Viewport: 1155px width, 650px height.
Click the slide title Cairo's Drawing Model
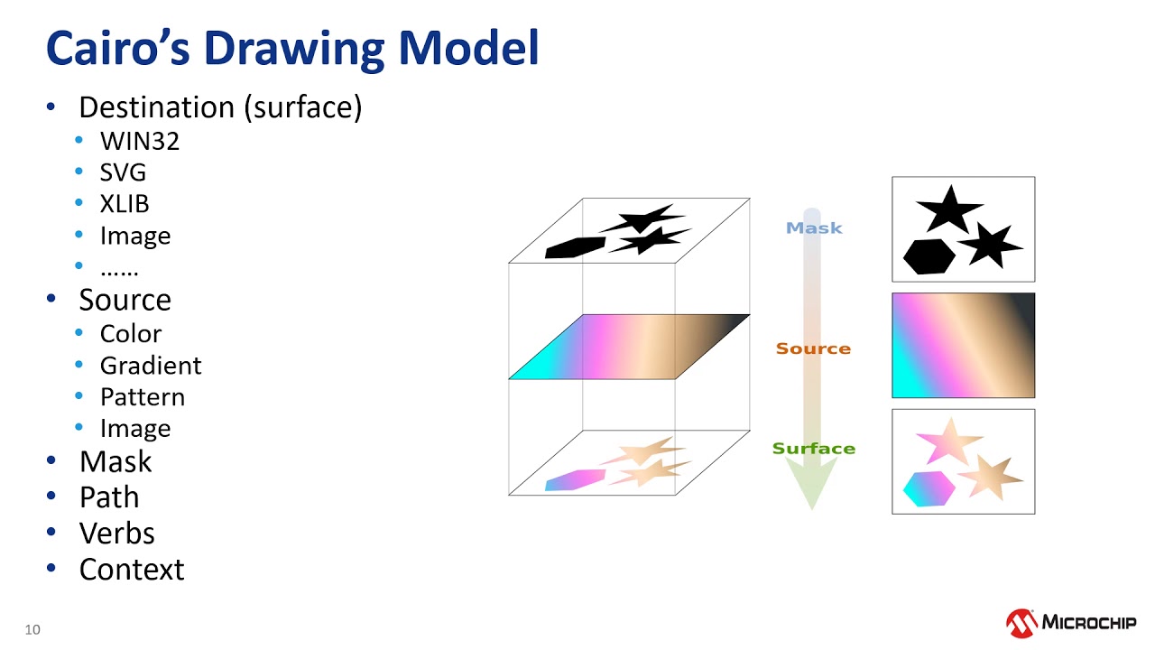(291, 49)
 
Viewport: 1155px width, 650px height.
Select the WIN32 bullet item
(139, 141)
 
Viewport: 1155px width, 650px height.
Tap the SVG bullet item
(123, 172)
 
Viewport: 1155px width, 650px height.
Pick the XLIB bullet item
(125, 204)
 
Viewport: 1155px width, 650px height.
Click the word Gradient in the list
(151, 366)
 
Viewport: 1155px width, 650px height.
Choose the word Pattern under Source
(143, 397)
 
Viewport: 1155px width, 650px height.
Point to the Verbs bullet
(116, 534)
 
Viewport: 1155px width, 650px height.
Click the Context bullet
(132, 570)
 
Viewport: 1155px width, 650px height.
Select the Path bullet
(109, 497)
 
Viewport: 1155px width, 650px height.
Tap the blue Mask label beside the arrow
(814, 228)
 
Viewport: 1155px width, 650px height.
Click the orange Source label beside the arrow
(813, 348)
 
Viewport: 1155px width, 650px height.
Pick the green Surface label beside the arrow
(813, 449)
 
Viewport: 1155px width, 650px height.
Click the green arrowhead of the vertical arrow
(811, 482)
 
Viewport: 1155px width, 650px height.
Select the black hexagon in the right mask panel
(929, 256)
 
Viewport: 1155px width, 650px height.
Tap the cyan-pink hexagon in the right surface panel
(929, 488)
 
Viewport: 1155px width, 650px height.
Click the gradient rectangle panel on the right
(963, 345)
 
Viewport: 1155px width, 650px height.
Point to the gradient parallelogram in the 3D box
(629, 347)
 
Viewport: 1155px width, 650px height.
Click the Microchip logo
(1071, 622)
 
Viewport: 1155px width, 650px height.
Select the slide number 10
(32, 630)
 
